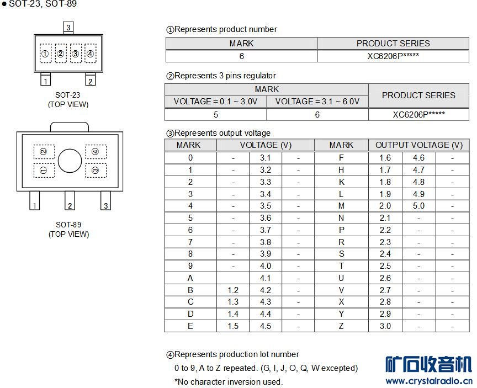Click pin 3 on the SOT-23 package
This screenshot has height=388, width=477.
68,28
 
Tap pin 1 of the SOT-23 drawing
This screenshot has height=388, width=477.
46,79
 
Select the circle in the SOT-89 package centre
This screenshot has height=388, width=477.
70,161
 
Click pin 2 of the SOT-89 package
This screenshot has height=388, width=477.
70,201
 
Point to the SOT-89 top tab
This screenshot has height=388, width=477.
70,127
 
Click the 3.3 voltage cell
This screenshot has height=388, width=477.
265,182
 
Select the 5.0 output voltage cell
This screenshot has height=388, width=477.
418,206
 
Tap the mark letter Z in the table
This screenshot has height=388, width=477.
341,326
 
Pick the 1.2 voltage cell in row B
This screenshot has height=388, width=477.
233,290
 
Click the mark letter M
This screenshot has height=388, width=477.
341,206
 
